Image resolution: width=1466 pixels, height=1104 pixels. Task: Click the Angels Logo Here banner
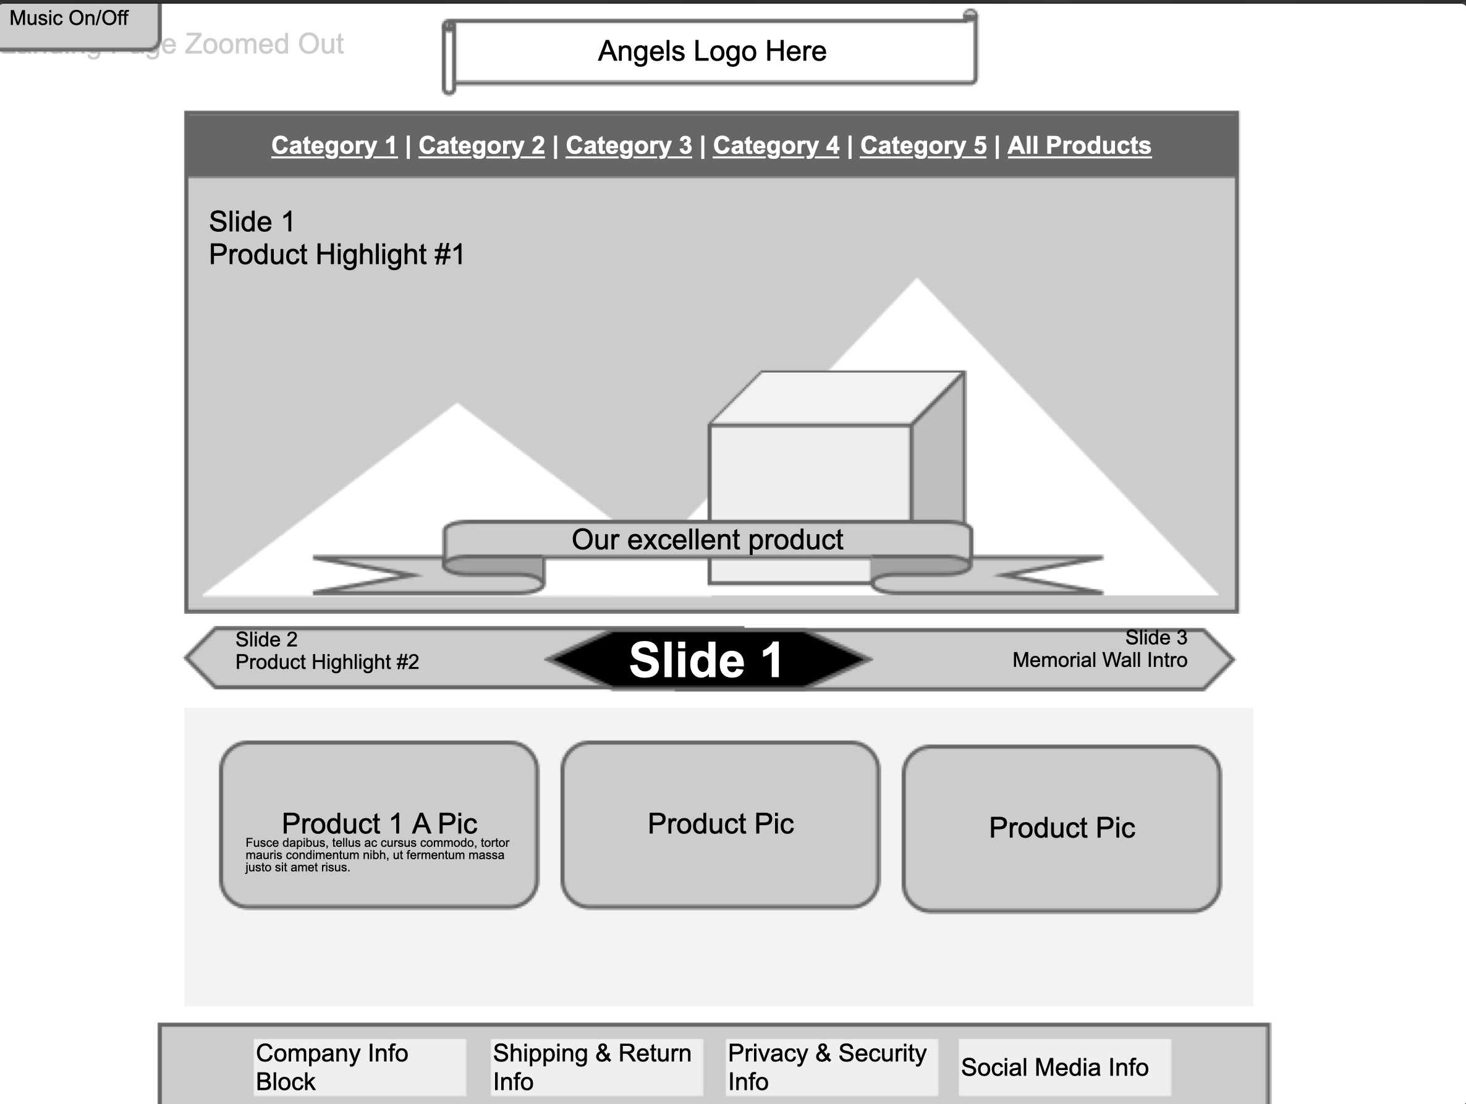(x=712, y=52)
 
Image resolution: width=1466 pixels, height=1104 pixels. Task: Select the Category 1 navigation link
(x=334, y=146)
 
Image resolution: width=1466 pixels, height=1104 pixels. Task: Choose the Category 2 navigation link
(x=481, y=146)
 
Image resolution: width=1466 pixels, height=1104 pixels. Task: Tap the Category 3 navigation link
(x=629, y=146)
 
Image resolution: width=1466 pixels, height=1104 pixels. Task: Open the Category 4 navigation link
(x=776, y=146)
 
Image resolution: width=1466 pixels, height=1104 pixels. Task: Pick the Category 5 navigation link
(x=923, y=146)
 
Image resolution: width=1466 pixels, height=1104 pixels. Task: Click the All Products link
(x=1079, y=146)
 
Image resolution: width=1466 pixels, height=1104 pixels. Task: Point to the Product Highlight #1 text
(x=337, y=255)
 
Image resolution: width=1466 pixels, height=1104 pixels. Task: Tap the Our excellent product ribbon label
(x=707, y=540)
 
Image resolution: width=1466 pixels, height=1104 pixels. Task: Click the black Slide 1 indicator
(x=706, y=660)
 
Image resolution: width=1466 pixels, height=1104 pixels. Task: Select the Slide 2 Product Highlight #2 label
(x=327, y=652)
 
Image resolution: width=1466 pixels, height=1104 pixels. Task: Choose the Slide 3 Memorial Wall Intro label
(x=1099, y=650)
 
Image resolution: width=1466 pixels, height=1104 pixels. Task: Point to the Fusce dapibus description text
(x=376, y=855)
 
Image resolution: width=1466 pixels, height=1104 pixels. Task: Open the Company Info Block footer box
(x=359, y=1067)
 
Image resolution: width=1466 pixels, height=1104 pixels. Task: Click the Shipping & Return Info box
(x=596, y=1067)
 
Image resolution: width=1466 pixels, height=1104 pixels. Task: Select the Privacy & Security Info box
(x=831, y=1067)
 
